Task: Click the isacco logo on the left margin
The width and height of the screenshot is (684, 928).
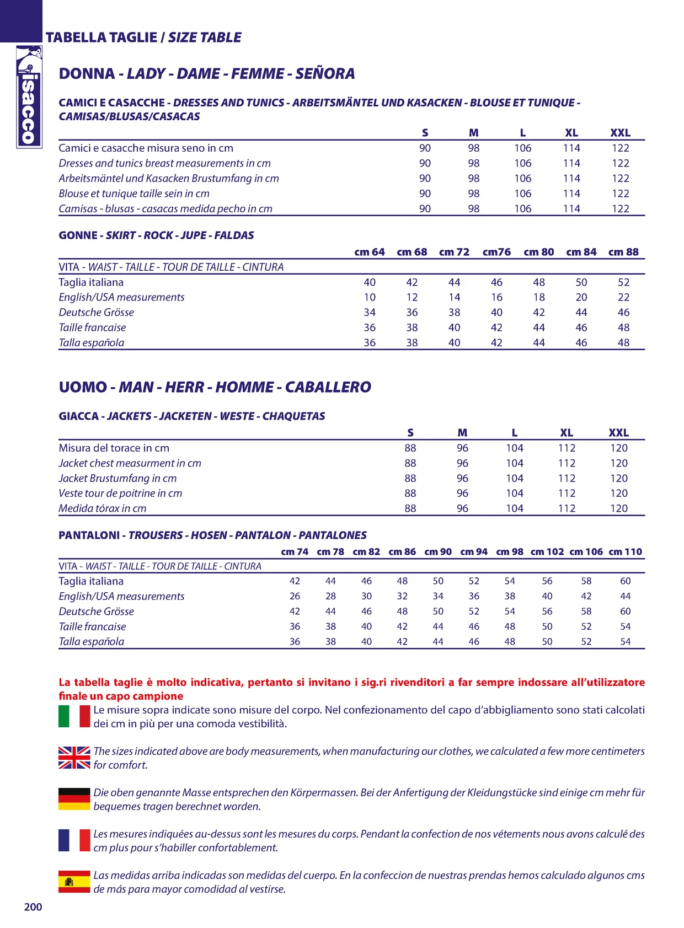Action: [29, 97]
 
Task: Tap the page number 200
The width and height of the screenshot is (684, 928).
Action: [33, 907]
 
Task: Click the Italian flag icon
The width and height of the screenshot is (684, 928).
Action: [74, 716]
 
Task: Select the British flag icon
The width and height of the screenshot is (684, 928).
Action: [74, 758]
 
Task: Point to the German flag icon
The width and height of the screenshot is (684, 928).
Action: [74, 799]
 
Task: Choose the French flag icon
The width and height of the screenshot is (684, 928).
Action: [74, 840]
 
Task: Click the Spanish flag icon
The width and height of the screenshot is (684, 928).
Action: [74, 882]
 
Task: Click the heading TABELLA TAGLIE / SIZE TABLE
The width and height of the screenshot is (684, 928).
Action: [143, 37]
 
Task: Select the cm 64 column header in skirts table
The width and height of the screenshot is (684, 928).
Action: [369, 252]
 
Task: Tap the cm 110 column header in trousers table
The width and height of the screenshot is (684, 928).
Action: [625, 551]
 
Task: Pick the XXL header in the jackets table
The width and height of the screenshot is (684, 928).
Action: [618, 433]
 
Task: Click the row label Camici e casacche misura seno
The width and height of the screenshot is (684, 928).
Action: [146, 148]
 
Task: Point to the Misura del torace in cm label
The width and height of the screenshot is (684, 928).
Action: [114, 448]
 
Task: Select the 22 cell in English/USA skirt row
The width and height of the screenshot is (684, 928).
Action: [623, 297]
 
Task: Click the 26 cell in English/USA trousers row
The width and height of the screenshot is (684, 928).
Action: [295, 596]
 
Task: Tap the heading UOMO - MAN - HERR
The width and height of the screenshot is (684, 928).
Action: [215, 387]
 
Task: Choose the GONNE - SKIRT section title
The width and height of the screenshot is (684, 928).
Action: [156, 235]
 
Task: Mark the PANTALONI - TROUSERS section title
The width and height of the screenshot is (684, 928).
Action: [212, 535]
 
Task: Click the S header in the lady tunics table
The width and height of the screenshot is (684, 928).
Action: [425, 133]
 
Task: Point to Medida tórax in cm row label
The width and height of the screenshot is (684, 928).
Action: [103, 508]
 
